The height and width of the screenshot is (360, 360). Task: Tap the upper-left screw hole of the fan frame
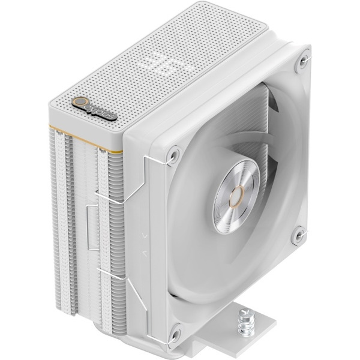173,154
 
